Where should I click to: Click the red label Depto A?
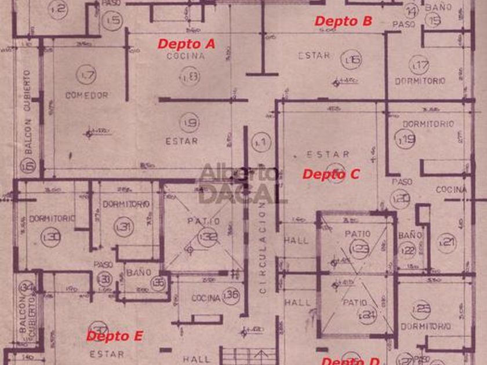(x=186, y=43)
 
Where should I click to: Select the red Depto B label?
(x=343, y=21)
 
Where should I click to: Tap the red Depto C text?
(x=332, y=174)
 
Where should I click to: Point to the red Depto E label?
(x=114, y=336)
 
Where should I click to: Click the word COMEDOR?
(x=87, y=94)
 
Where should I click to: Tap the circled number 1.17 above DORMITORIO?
(x=419, y=64)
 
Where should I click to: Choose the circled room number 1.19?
(x=406, y=138)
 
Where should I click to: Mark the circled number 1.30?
(x=52, y=236)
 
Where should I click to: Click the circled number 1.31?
(x=123, y=225)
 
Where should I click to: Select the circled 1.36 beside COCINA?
(x=231, y=295)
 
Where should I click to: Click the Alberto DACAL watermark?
(x=240, y=184)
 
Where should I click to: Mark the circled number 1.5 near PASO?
(x=114, y=21)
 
